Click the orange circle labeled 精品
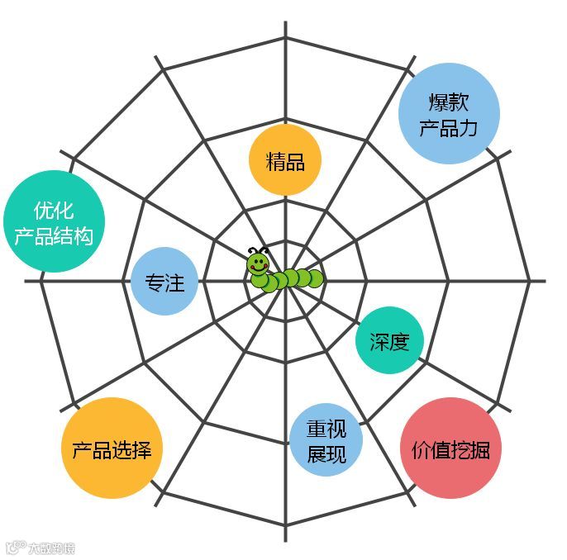tap(284, 161)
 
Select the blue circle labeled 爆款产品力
tap(449, 115)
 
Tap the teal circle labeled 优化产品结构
tap(54, 222)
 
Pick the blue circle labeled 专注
tap(164, 282)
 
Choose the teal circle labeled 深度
tap(389, 340)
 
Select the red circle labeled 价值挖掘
tap(450, 450)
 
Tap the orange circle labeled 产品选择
tap(112, 449)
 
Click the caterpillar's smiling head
tap(258, 265)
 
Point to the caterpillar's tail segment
tap(315, 278)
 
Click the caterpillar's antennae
tap(258, 249)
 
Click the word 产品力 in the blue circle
tap(449, 128)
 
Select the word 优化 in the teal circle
tap(54, 210)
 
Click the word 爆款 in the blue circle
tap(449, 102)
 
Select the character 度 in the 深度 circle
tap(400, 340)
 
